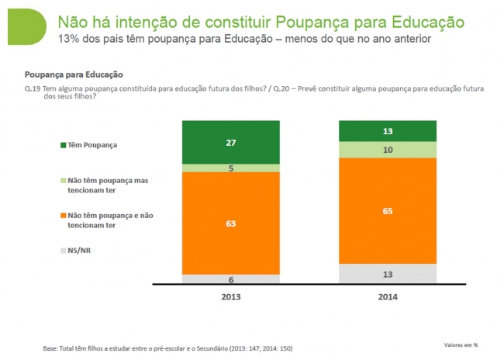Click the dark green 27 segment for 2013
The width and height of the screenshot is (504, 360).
tap(230, 142)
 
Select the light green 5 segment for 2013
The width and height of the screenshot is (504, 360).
tap(230, 167)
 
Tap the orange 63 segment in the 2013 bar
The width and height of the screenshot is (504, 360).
tap(230, 223)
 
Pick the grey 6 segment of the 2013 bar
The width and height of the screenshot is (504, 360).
tap(230, 279)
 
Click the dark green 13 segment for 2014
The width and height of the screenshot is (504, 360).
tap(387, 131)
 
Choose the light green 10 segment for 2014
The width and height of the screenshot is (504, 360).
tap(387, 149)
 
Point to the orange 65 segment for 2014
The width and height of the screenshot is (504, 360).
tap(387, 210)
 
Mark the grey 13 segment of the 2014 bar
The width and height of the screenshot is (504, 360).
tap(387, 274)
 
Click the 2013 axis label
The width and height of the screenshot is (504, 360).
tap(230, 297)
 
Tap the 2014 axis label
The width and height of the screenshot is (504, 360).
tap(387, 297)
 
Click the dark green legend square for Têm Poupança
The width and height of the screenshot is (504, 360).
tap(63, 145)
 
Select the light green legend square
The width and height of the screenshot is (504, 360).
tap(63, 181)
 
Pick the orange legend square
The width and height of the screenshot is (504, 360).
tap(63, 216)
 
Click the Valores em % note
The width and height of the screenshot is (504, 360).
tap(461, 344)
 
